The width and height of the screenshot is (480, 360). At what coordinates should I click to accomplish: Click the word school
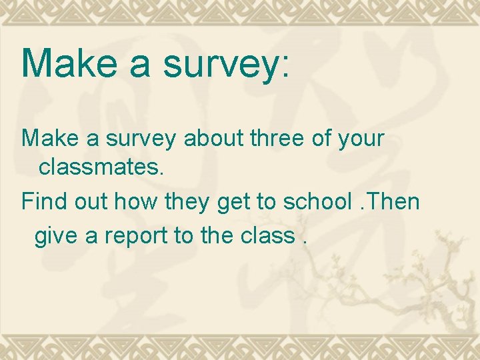tap(313, 201)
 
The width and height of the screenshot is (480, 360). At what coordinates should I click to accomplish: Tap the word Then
tap(395, 201)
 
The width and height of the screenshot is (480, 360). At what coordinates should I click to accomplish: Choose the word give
tap(55, 235)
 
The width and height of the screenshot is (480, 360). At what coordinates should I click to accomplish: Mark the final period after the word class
tap(305, 242)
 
